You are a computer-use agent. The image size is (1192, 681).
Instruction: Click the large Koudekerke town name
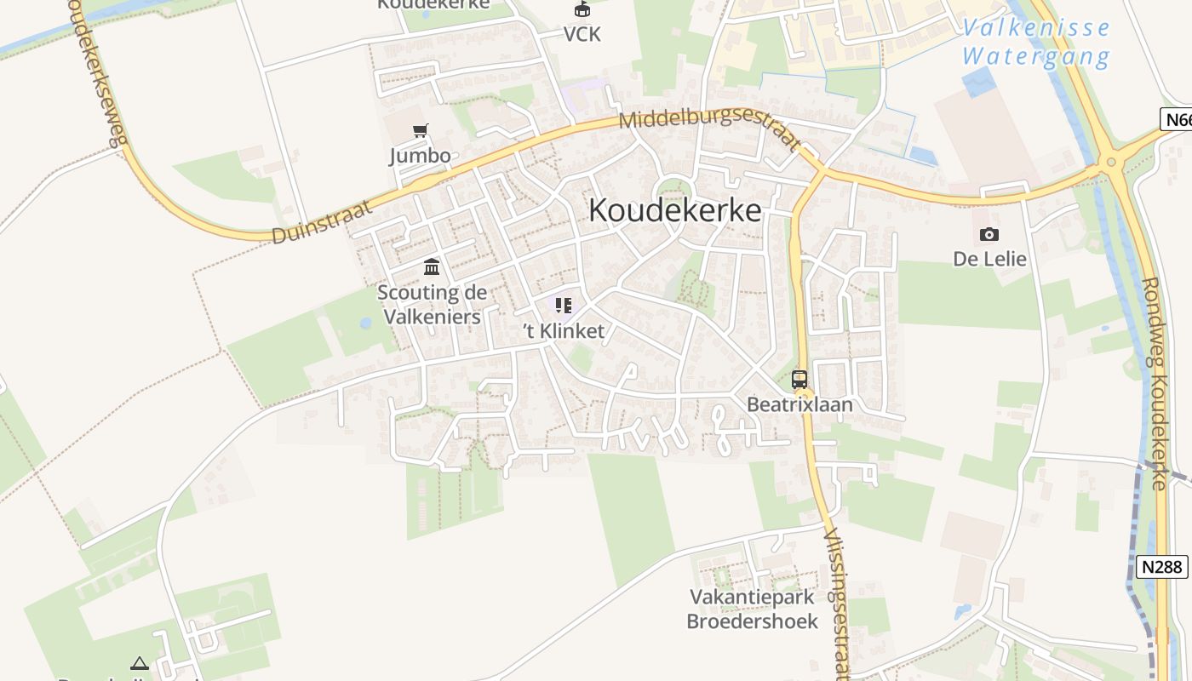(x=674, y=210)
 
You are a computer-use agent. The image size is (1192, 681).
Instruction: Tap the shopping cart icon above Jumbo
(x=420, y=131)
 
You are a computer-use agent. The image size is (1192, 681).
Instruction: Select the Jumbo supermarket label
(x=420, y=156)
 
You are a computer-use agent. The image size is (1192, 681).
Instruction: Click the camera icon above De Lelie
(x=989, y=234)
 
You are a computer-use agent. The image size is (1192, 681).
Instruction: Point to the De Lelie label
(x=989, y=259)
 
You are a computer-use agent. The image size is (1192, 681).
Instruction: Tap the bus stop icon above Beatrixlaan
(x=799, y=380)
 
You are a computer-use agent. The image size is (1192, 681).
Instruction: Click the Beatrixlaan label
(x=799, y=404)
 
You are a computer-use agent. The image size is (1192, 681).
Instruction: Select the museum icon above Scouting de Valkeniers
(x=432, y=268)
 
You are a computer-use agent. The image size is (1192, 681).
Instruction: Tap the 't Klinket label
(x=564, y=331)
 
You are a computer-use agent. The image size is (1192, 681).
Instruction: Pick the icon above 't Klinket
(x=563, y=306)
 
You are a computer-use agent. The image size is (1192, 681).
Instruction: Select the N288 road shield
(x=1161, y=566)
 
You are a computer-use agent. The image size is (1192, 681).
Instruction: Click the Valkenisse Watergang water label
(x=1036, y=43)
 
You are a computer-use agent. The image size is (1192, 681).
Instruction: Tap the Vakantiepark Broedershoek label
(x=753, y=609)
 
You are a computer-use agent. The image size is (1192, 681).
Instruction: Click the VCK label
(x=582, y=34)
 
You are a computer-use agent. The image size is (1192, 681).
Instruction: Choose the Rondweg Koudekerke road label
(x=1153, y=383)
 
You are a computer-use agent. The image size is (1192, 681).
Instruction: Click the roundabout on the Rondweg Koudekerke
(x=1110, y=161)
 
